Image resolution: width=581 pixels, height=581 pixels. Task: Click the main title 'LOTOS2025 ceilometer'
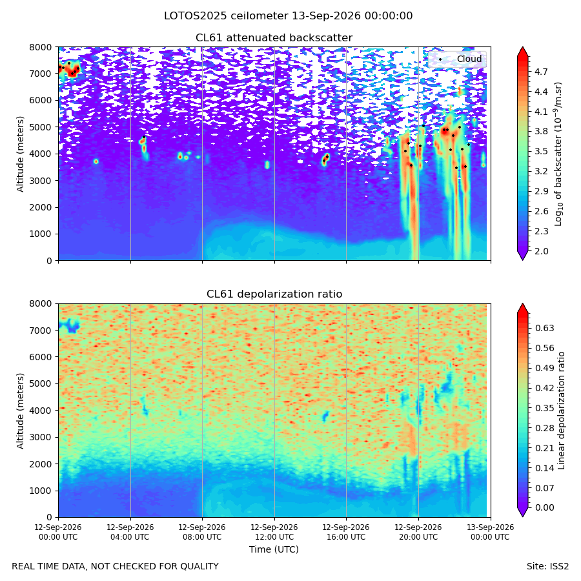[x=226, y=16]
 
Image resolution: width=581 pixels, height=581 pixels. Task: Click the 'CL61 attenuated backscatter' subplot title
[x=274, y=38]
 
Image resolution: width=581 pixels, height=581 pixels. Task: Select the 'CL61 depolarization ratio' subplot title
[x=274, y=294]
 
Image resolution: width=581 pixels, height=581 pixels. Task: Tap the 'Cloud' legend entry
[x=469, y=59]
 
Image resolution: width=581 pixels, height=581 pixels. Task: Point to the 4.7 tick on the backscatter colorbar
[x=541, y=72]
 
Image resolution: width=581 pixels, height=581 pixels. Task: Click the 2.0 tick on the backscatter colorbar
[x=541, y=251]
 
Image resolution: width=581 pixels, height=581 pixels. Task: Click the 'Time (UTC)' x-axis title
[x=274, y=549]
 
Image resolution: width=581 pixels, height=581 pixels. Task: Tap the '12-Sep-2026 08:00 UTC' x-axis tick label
[x=202, y=532]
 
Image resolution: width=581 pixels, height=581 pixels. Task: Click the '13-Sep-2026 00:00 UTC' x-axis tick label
[x=490, y=532]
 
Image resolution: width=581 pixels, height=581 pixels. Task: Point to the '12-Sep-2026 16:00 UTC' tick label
[x=346, y=532]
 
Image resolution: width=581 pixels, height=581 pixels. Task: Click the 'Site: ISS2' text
[x=547, y=567]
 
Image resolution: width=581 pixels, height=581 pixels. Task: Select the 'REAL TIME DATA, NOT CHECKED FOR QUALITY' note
[x=116, y=567]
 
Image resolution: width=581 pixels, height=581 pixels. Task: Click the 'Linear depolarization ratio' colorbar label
[x=562, y=411]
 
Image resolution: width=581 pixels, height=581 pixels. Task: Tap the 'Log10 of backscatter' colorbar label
[x=558, y=154]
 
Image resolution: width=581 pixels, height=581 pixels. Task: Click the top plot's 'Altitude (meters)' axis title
[x=20, y=154]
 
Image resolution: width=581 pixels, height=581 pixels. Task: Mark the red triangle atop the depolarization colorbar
[x=522, y=309]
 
